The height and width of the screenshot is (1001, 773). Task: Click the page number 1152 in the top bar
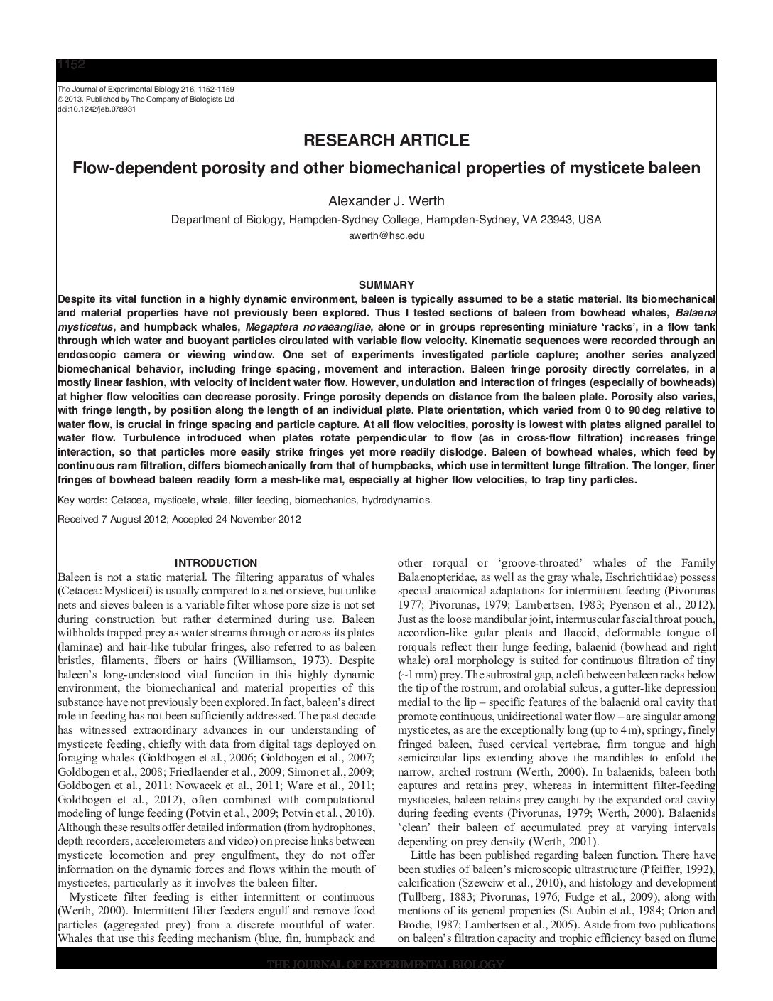(x=71, y=65)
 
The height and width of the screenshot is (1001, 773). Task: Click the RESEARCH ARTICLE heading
(x=386, y=140)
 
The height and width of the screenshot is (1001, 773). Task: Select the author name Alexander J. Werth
(x=386, y=201)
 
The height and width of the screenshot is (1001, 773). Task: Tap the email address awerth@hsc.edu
(x=386, y=235)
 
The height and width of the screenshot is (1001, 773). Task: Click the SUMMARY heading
(x=386, y=284)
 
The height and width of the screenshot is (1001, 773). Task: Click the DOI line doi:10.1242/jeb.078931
(x=96, y=109)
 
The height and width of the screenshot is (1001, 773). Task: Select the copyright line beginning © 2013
(x=145, y=100)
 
